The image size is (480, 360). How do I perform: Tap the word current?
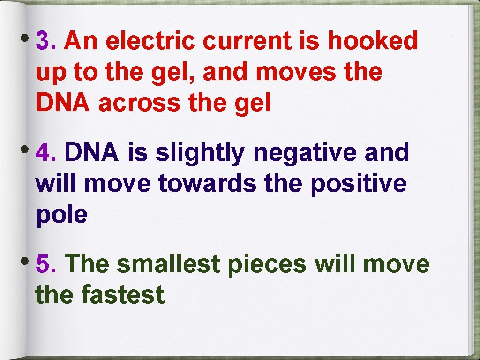pyautogui.click(x=247, y=41)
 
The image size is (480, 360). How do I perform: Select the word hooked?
pyautogui.click(x=372, y=41)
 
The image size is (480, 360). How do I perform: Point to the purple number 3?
pyautogui.click(x=45, y=41)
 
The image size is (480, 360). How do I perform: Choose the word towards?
pyautogui.click(x=208, y=184)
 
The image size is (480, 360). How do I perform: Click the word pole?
pyautogui.click(x=61, y=215)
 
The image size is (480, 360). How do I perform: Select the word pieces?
pyautogui.click(x=266, y=265)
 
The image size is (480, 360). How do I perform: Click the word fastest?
pyautogui.click(x=123, y=295)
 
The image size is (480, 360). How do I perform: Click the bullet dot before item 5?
pyautogui.click(x=29, y=260)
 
